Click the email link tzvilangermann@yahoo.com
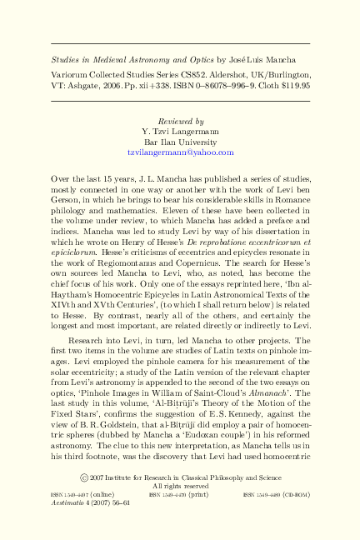pos(180,153)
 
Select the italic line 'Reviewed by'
pos(180,121)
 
